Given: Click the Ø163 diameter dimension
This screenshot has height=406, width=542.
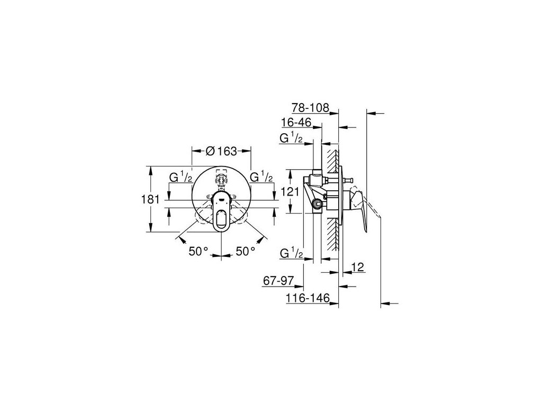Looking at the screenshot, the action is click(221, 151).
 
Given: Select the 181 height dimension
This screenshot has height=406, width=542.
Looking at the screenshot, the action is click(151, 199).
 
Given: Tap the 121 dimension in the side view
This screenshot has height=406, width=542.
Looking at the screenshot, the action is click(290, 191).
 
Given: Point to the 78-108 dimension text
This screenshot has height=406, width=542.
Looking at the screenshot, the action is click(310, 108).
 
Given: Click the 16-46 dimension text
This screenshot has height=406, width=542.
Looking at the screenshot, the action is click(296, 122).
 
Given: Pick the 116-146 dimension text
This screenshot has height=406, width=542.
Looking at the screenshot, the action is click(308, 298).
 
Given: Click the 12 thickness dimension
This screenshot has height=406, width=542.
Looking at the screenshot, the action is click(358, 267).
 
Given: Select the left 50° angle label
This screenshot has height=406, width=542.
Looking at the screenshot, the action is click(198, 251).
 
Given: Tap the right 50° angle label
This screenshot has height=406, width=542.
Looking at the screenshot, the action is click(246, 251).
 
